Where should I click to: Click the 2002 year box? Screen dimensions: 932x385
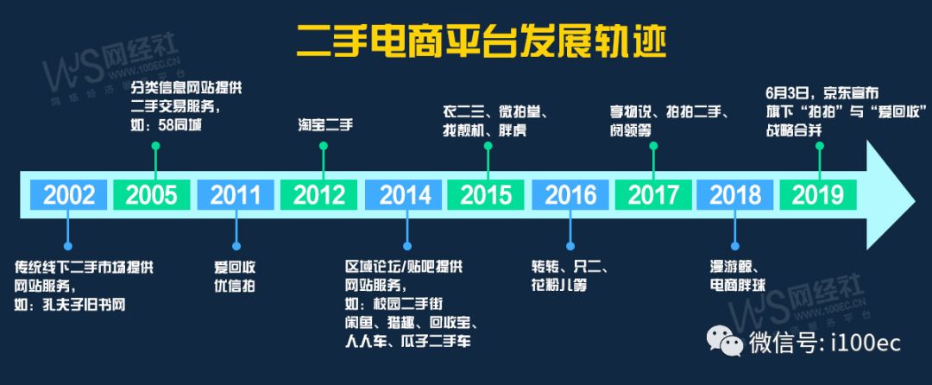69,195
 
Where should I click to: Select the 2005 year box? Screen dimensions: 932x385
152,195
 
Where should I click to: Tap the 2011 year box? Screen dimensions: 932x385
236,195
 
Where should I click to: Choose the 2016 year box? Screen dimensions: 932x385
570,195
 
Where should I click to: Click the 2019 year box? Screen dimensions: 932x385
818,195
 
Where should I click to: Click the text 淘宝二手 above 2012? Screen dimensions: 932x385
325,125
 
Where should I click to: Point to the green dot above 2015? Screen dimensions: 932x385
488,146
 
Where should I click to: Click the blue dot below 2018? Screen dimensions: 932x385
735,245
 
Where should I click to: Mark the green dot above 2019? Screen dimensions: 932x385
820,146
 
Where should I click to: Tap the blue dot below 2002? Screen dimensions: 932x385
68,245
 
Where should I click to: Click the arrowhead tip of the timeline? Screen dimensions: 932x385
915,195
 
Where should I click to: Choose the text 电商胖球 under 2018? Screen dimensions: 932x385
737,285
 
